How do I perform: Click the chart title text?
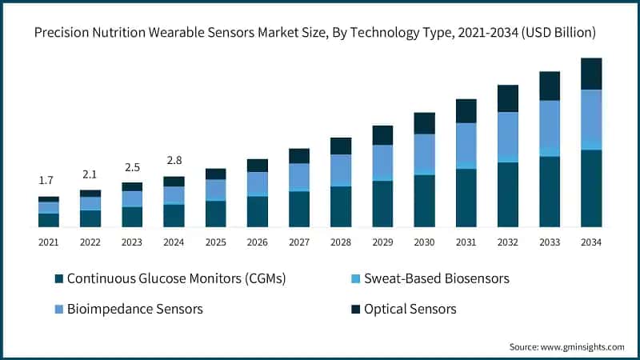coord(320,33)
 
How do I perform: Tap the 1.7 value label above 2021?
coord(49,181)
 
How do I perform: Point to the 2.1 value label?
coord(90,174)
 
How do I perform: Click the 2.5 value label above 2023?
coord(132,167)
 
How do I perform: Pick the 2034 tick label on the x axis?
coord(591,242)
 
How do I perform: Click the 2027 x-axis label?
coord(299,242)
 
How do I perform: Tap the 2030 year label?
coord(424,242)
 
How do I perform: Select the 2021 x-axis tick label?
coord(49,242)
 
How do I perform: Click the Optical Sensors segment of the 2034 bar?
coord(591,74)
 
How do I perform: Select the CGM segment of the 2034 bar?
coord(591,188)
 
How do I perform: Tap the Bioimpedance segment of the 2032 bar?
coord(508,134)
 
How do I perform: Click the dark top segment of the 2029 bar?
coord(382,134)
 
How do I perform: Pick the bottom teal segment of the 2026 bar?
coord(258,212)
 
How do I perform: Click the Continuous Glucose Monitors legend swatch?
coord(58,278)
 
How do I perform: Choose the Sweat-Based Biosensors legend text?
coord(437,278)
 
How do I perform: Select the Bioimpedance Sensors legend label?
coord(134,309)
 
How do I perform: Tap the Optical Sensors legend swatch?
coord(354,309)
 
